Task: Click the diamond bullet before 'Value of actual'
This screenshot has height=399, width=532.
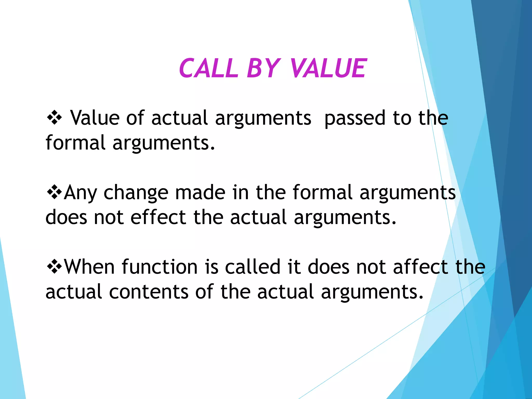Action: point(54,118)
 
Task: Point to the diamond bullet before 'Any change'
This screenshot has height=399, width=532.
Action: point(54,192)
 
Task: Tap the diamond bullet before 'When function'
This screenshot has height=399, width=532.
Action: point(54,267)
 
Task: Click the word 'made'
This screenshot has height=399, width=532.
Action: point(200,192)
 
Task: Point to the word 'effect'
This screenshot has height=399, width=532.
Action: point(158,217)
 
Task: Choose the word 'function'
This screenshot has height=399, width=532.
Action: point(159,267)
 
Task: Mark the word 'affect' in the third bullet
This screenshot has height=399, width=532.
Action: point(421,267)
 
